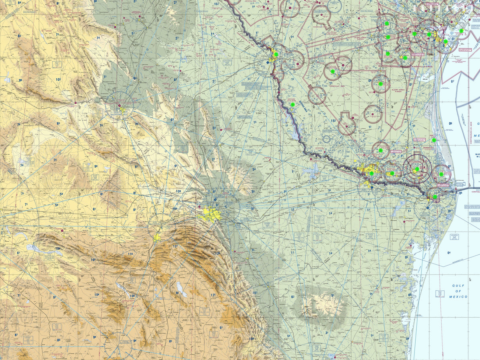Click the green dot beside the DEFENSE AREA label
(x=292, y=104)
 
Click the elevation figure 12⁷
(x=175, y=246)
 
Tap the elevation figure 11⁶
(x=130, y=254)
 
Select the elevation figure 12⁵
(x=213, y=295)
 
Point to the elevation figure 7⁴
(x=98, y=38)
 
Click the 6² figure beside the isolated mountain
(x=292, y=297)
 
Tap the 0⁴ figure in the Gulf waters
(x=449, y=253)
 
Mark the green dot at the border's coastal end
(x=435, y=196)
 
